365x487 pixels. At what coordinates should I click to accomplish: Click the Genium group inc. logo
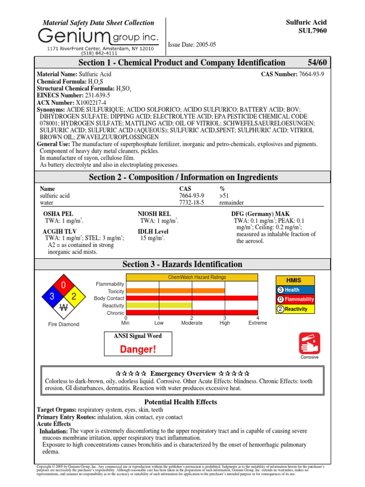pyautogui.click(x=98, y=36)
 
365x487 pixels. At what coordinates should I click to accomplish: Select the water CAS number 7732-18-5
pyautogui.click(x=191, y=202)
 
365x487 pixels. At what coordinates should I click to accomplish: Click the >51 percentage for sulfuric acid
pyautogui.click(x=224, y=195)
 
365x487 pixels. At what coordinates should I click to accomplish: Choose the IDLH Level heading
pyautogui.click(x=153, y=231)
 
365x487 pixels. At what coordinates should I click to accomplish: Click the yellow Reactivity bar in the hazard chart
pyautogui.click(x=159, y=305)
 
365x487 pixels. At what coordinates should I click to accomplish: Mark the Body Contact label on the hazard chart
pyautogui.click(x=109, y=298)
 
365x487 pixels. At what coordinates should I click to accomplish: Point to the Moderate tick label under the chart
pyautogui.click(x=192, y=323)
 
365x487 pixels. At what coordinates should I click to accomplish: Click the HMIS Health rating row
pyautogui.click(x=295, y=290)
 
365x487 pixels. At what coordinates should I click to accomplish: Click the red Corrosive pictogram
pyautogui.click(x=309, y=343)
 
